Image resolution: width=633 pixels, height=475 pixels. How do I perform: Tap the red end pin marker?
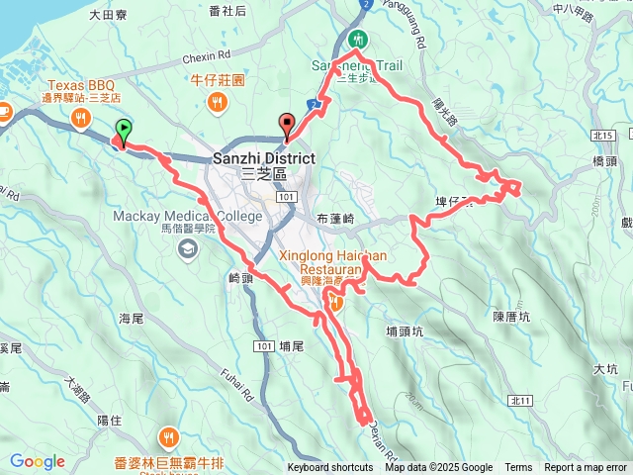coord(288,125)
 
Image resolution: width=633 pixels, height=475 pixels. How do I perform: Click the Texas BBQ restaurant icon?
coord(78,118)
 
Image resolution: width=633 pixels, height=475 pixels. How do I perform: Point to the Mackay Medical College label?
coord(187,216)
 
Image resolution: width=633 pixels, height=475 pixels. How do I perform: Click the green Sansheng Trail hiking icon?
coord(357,39)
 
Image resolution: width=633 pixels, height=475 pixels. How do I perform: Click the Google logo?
coord(37,461)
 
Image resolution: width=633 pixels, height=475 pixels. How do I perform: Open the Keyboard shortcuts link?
coord(330,468)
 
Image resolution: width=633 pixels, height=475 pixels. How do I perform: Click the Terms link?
coord(518,468)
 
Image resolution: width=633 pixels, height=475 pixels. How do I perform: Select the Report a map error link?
coord(586,468)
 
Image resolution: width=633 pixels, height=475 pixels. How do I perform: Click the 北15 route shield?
coord(605,136)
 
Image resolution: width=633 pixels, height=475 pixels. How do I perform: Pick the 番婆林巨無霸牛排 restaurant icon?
coord(169,435)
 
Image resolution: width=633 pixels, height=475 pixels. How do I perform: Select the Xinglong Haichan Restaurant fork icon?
coord(337,304)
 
